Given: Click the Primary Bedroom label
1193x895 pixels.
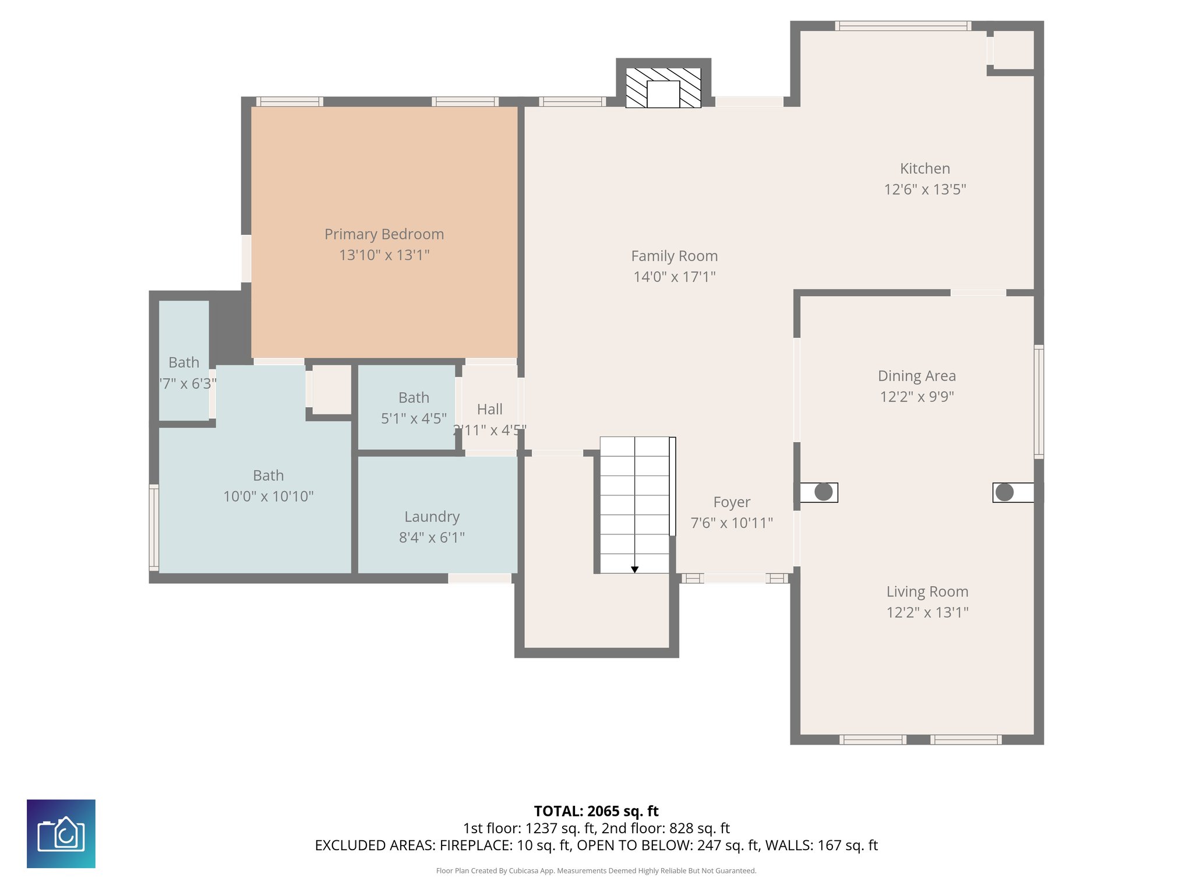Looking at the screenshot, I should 384,234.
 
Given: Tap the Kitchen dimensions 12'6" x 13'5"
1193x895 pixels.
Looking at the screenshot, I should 924,189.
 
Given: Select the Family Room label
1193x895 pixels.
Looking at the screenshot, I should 674,256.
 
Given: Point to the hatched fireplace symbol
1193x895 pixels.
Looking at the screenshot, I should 663,88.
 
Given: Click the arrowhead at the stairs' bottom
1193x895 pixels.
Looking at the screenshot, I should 634,569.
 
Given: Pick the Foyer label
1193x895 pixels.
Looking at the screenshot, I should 732,502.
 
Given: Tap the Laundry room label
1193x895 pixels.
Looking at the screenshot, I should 432,517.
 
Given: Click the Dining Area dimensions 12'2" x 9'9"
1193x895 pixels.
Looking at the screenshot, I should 916,397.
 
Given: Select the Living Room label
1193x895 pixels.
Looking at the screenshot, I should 927,592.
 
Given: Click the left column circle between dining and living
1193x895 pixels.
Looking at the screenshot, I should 823,492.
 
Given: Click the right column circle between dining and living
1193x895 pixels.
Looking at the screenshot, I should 1004,492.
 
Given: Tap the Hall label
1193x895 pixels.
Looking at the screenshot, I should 489,410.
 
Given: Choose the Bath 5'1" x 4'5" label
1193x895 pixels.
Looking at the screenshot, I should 414,398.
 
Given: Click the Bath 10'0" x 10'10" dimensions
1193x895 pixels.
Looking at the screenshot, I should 268,496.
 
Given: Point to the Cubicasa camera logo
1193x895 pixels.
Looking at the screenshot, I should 61,833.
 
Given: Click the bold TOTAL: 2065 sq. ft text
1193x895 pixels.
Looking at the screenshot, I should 596,811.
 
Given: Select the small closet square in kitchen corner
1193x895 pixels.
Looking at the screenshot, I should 1013,50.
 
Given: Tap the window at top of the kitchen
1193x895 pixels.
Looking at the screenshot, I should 902,26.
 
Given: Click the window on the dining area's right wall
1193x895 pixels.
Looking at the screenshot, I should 1039,401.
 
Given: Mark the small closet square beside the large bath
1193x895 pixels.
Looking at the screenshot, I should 331,389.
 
